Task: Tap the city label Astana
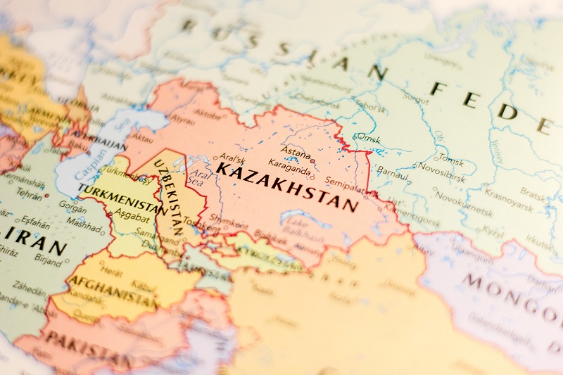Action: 296,151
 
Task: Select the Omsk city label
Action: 368,138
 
